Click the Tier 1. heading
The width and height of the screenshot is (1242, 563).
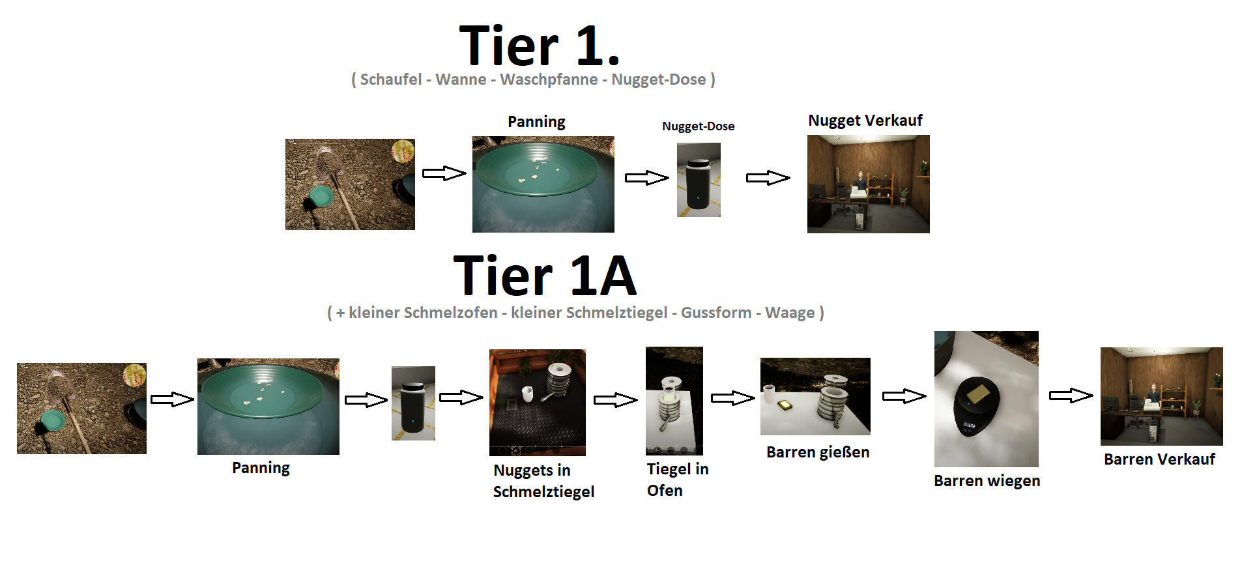click(x=539, y=46)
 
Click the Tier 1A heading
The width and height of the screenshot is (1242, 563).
click(x=544, y=276)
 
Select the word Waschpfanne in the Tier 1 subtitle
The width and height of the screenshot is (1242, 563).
click(x=549, y=79)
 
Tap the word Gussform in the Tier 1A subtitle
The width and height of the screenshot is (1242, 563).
click(x=716, y=313)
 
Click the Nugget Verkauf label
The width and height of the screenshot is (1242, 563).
click(x=865, y=121)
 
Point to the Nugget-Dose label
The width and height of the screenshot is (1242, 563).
click(x=698, y=126)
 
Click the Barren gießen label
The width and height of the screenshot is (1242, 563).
click(x=817, y=452)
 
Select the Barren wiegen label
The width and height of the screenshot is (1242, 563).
click(x=987, y=481)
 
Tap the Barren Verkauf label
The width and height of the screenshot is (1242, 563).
click(x=1159, y=459)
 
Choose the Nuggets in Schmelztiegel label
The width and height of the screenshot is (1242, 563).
click(x=543, y=481)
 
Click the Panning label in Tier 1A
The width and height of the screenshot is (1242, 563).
click(x=261, y=468)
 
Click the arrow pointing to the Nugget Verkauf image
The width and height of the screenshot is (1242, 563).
click(x=768, y=178)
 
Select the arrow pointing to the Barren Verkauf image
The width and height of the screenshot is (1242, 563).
click(x=1071, y=396)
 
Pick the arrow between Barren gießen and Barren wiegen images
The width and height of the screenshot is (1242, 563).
click(x=904, y=396)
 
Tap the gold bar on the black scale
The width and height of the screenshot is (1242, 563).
click(x=978, y=393)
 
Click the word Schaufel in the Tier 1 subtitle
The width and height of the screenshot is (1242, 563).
click(x=391, y=79)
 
